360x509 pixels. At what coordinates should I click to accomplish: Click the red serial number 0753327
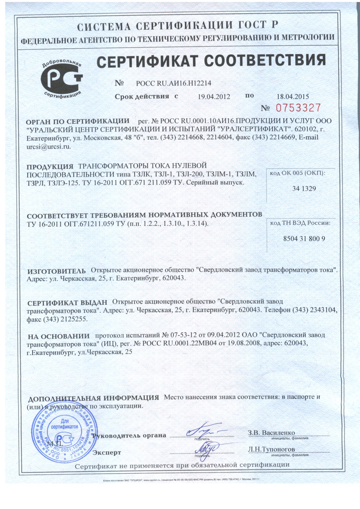pyautogui.click(x=298, y=108)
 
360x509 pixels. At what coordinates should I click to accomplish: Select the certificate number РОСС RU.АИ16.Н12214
pyautogui.click(x=173, y=84)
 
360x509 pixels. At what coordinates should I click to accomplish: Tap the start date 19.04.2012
pyautogui.click(x=214, y=97)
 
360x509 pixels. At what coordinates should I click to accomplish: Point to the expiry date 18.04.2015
pyautogui.click(x=292, y=97)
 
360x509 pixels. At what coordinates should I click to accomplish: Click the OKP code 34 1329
pyautogui.click(x=304, y=189)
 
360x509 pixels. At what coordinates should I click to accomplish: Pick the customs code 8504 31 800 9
pyautogui.click(x=304, y=239)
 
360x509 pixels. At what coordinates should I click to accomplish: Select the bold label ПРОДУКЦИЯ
pyautogui.click(x=50, y=167)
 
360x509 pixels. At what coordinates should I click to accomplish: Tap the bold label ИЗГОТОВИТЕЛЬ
pyautogui.click(x=57, y=271)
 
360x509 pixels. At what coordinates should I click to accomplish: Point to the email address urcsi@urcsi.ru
pyautogui.click(x=49, y=147)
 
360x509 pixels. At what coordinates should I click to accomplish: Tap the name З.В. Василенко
pyautogui.click(x=271, y=433)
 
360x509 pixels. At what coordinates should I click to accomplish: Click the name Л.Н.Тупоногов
pyautogui.click(x=271, y=449)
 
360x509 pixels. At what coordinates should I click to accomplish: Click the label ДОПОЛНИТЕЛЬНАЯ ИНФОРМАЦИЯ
pyautogui.click(x=93, y=398)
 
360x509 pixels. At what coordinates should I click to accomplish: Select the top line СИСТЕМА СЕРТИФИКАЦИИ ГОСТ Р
pyautogui.click(x=178, y=27)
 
